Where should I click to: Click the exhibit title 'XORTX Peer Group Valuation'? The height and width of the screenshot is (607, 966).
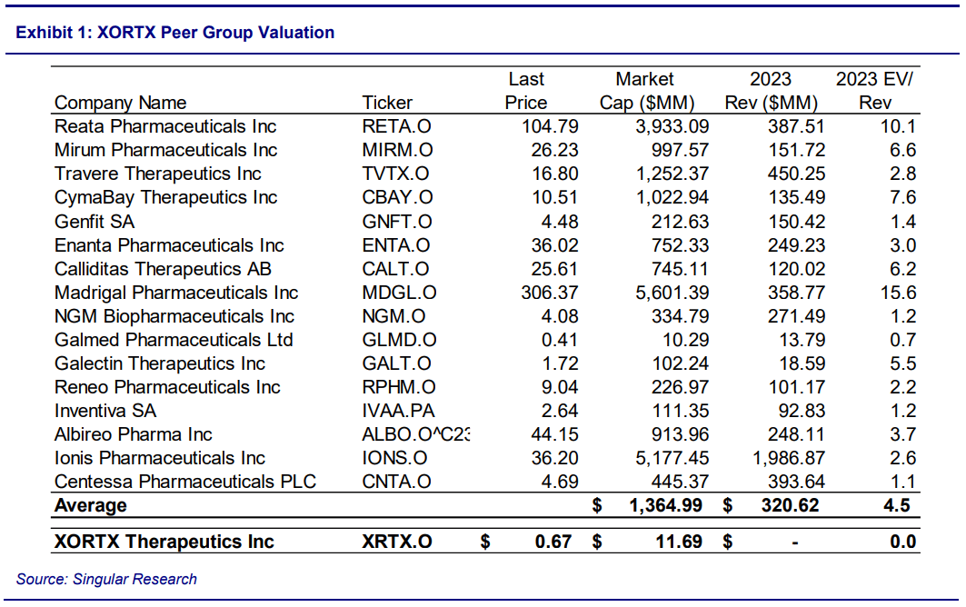(174, 33)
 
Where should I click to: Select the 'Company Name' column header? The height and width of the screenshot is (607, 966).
(120, 103)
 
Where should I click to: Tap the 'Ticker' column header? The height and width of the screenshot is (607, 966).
(387, 103)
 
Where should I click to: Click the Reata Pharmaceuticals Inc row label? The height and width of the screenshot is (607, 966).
(165, 126)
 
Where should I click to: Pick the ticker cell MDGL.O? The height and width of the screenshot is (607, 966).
(399, 293)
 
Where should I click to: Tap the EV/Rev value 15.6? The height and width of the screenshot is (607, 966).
(898, 293)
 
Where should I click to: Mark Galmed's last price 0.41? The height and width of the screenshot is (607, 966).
(560, 340)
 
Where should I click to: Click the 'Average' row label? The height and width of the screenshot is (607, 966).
(91, 505)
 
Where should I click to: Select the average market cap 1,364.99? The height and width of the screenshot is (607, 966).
(666, 505)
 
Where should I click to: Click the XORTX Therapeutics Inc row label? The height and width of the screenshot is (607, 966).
(164, 542)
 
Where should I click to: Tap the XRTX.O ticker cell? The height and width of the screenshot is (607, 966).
(397, 542)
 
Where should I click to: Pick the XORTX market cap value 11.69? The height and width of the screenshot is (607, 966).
(679, 542)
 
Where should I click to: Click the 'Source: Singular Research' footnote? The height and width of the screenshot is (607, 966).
(106, 579)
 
